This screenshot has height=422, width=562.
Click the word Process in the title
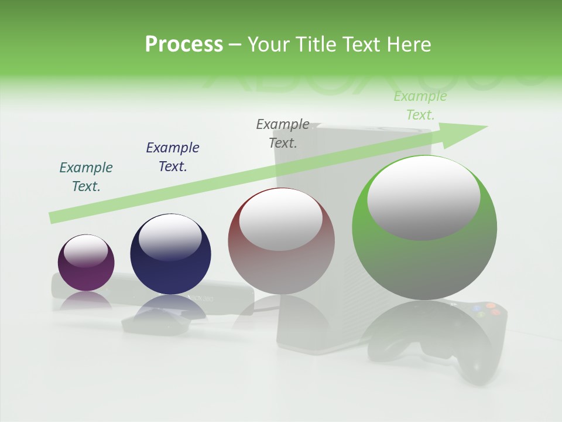click(x=184, y=45)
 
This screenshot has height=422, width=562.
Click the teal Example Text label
click(x=86, y=177)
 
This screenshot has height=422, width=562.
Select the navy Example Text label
click(x=173, y=157)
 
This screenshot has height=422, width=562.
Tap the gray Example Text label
click(x=283, y=134)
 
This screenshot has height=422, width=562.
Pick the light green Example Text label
click(x=420, y=105)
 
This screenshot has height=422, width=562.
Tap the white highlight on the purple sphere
click(x=85, y=251)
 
